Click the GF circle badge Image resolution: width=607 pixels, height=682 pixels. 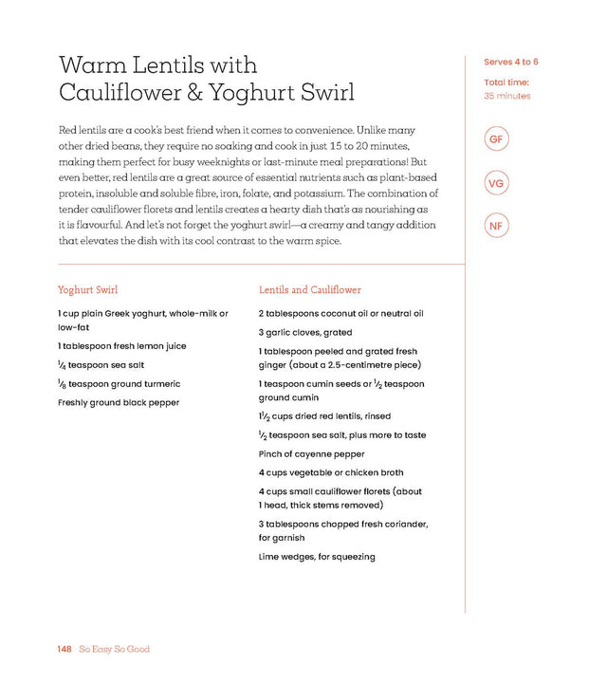495,140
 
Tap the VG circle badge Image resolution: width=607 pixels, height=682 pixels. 495,183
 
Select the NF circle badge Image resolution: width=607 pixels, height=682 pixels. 495,226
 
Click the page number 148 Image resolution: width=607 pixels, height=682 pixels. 64,649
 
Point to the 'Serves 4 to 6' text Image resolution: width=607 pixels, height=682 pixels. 512,63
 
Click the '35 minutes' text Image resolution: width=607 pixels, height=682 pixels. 507,96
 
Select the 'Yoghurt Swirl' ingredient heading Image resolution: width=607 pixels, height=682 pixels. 87,289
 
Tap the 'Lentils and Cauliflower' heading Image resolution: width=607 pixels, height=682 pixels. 310,289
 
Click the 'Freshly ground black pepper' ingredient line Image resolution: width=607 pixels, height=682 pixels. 119,402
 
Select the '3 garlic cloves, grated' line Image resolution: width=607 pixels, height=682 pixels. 304,333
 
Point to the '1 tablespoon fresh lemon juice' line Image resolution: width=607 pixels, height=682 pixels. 121,346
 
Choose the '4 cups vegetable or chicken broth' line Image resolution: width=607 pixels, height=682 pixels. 331,472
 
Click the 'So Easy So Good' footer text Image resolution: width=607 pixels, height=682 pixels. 115,649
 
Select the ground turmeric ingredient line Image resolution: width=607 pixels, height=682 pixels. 119,384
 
